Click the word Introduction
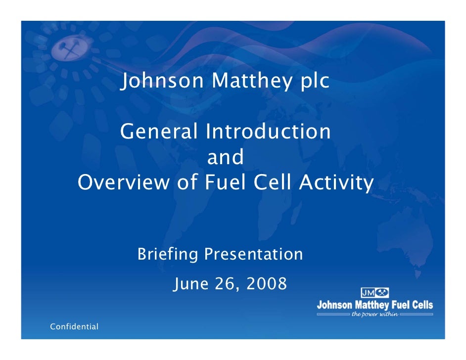coord(268,132)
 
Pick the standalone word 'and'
coord(225,158)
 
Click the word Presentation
coord(253,255)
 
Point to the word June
coord(192,284)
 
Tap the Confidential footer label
coord(74,327)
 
